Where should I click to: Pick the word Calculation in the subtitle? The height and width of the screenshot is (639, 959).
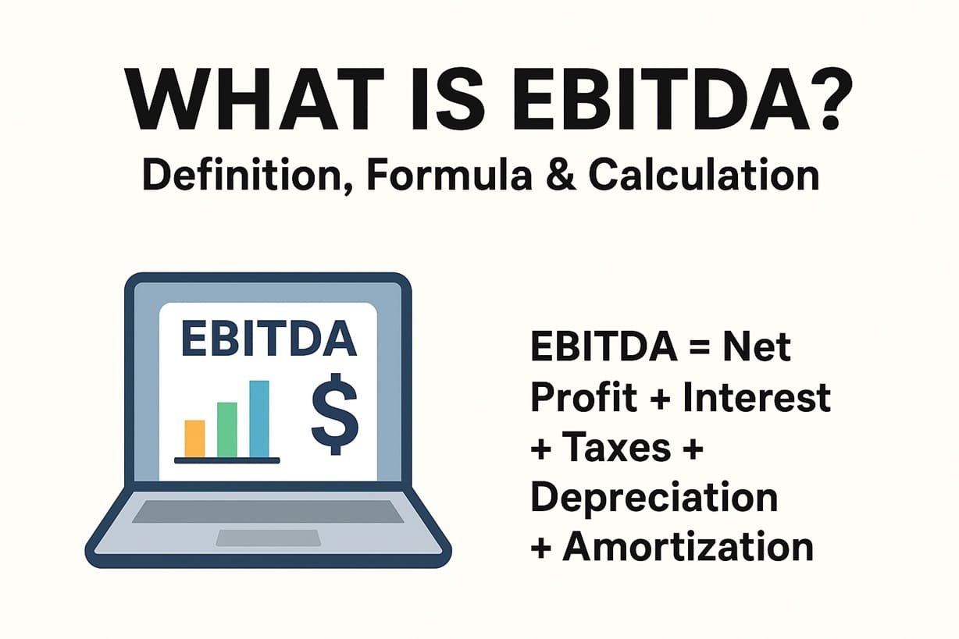pyautogui.click(x=703, y=176)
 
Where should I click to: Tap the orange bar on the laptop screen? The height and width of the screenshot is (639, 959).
pyautogui.click(x=194, y=438)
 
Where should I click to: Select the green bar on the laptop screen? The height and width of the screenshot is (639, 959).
pyautogui.click(x=226, y=429)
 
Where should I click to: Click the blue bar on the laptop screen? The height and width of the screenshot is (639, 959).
pyautogui.click(x=258, y=418)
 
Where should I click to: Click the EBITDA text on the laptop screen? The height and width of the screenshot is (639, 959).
pyautogui.click(x=268, y=339)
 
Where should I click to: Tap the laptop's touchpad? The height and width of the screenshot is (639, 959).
pyautogui.click(x=268, y=538)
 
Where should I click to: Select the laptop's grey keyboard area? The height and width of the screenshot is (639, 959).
pyautogui.click(x=268, y=511)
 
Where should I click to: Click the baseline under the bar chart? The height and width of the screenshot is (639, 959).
pyautogui.click(x=226, y=460)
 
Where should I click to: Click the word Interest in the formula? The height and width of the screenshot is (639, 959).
pyautogui.click(x=756, y=397)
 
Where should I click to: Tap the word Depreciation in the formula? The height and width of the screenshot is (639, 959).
pyautogui.click(x=654, y=498)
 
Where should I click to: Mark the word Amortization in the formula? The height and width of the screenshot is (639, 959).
pyautogui.click(x=687, y=547)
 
